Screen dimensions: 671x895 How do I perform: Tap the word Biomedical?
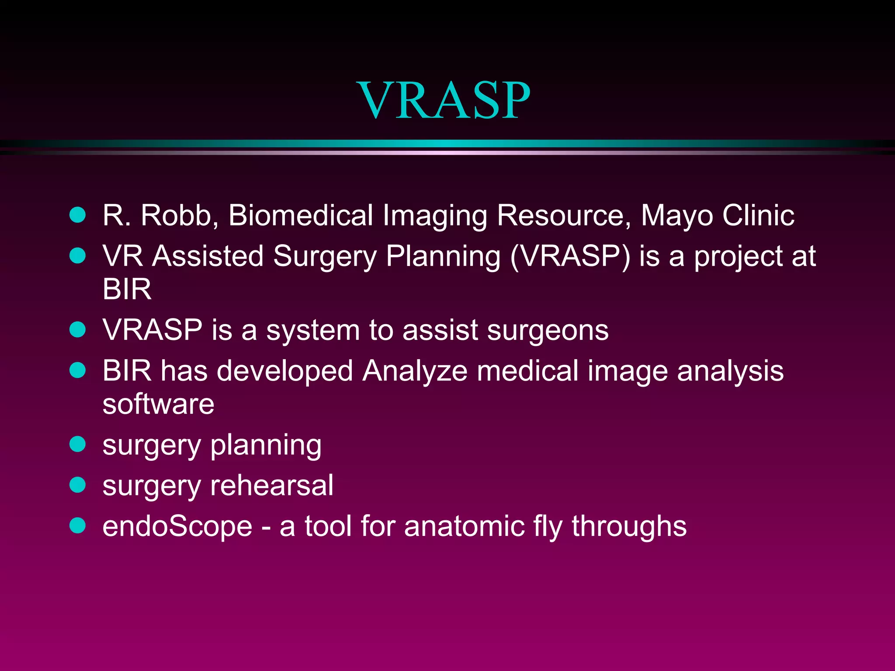click(300, 215)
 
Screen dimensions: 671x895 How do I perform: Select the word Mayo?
click(676, 216)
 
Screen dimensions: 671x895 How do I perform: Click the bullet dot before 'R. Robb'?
click(78, 215)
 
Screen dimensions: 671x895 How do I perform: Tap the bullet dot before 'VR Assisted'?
click(78, 256)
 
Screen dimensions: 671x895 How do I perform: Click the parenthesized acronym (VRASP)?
click(570, 256)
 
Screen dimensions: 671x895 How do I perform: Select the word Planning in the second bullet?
click(443, 256)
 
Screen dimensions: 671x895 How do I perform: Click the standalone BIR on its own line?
click(127, 289)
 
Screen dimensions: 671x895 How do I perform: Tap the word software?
click(158, 404)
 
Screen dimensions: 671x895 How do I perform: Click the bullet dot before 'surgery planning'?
click(78, 444)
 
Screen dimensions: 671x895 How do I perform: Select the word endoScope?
click(177, 526)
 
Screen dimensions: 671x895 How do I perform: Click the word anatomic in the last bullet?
click(464, 526)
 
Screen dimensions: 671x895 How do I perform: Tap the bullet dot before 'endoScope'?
click(78, 526)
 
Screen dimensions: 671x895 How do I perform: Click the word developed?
click(284, 371)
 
